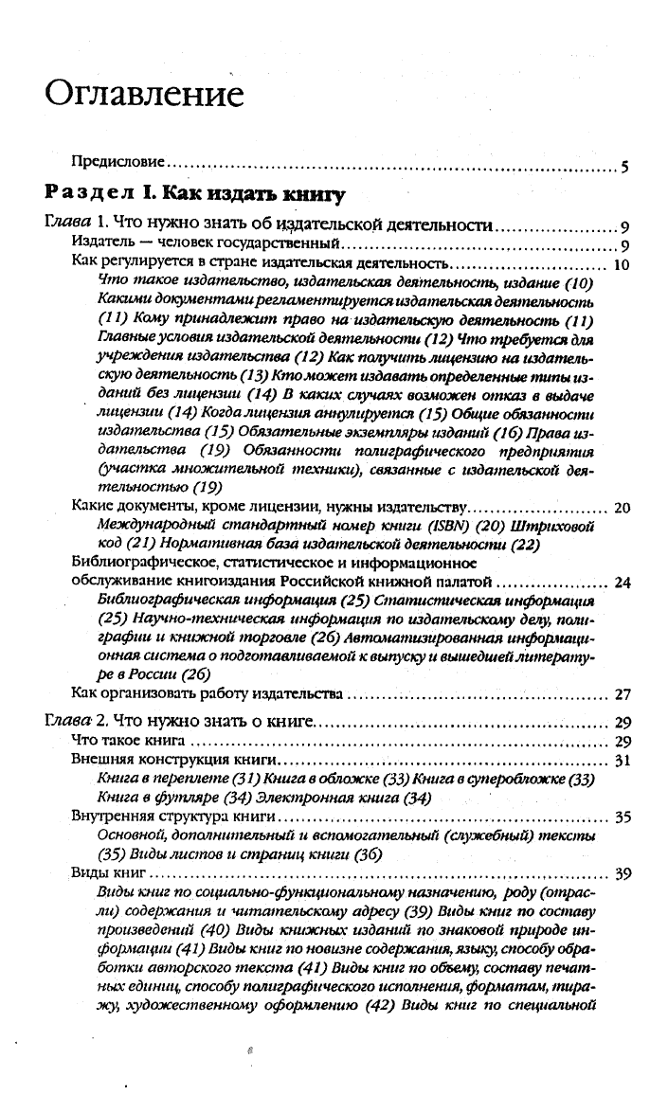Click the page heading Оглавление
pos(145,96)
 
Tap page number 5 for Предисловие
pos(624,170)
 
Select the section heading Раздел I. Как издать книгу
pos(193,196)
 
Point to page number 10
pos(623,266)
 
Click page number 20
pos(623,509)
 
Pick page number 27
pos(623,694)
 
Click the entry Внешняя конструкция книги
pos(173,761)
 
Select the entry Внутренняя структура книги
pos(173,816)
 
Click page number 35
pos(623,817)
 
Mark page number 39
pos(623,872)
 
